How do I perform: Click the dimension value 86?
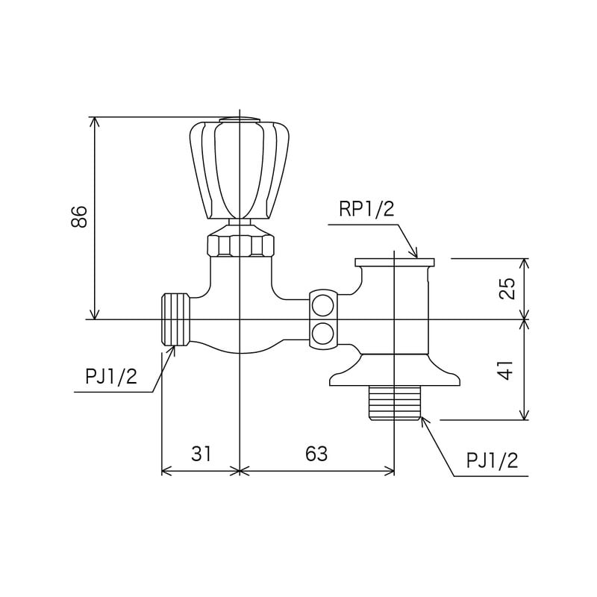point(79,216)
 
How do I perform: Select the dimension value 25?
point(507,288)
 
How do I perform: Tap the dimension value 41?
point(507,369)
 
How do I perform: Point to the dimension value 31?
point(201,454)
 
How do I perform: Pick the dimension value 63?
point(316,454)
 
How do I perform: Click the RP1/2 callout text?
point(366,209)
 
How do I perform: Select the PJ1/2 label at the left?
point(110,377)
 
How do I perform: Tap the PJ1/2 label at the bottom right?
point(492,460)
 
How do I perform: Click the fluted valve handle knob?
point(240,170)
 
